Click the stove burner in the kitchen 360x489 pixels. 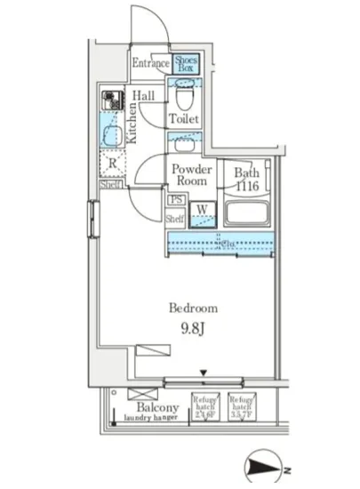(111, 99)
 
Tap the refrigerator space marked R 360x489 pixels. (112, 163)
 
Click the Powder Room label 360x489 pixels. (190, 174)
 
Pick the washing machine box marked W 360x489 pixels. (203, 212)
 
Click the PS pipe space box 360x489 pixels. (176, 200)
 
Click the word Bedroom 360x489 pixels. (194, 308)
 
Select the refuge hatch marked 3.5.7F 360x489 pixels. (240, 405)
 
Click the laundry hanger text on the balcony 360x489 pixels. (147, 418)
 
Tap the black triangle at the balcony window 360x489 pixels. (204, 373)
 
